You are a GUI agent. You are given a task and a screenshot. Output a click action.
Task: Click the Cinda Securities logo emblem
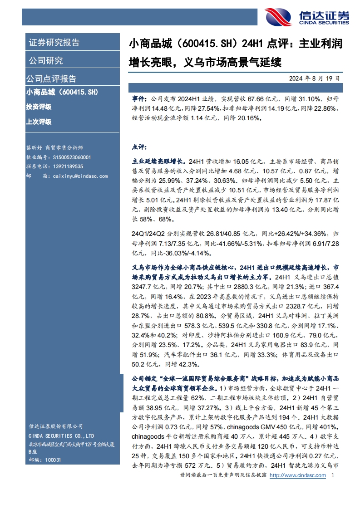(278, 18)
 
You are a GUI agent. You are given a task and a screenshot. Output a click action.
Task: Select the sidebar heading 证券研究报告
(54, 43)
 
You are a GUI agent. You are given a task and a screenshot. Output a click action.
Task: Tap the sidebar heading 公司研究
(46, 61)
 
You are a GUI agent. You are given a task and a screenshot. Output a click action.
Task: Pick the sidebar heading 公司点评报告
(51, 78)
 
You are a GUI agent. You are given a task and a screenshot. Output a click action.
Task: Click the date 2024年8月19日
(314, 78)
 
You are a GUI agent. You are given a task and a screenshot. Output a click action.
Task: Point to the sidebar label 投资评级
(39, 107)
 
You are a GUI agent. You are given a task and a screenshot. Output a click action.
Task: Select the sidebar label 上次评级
(39, 122)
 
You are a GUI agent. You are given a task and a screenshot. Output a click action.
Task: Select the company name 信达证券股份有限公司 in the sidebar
(55, 426)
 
